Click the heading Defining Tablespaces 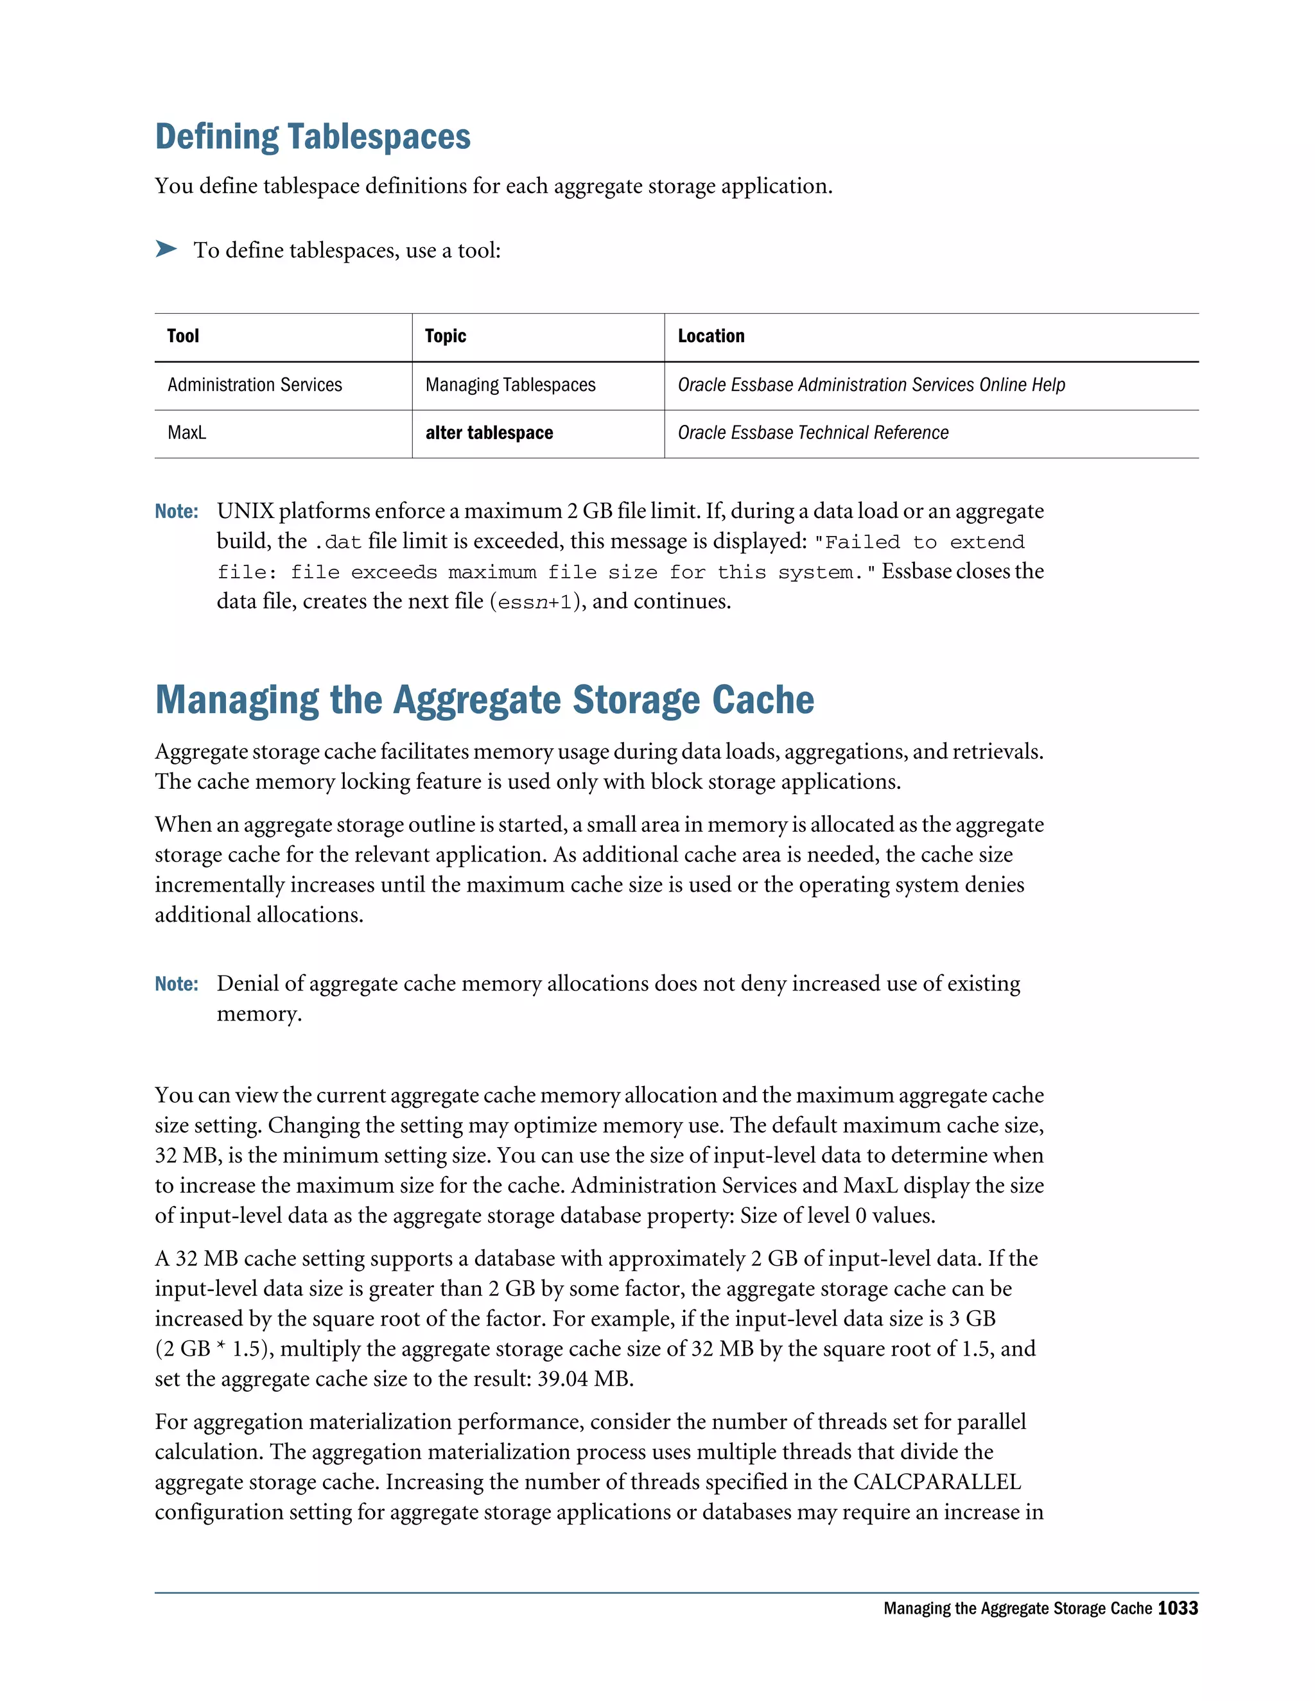pyautogui.click(x=313, y=137)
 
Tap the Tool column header pyautogui.click(x=183, y=336)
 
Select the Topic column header pyautogui.click(x=445, y=336)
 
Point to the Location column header pyautogui.click(x=711, y=336)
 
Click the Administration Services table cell pyautogui.click(x=255, y=384)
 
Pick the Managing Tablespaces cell pyautogui.click(x=510, y=384)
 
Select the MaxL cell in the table pyautogui.click(x=187, y=433)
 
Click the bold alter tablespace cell pyautogui.click(x=489, y=433)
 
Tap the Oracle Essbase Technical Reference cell pyautogui.click(x=812, y=433)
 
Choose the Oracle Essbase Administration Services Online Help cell pyautogui.click(x=871, y=384)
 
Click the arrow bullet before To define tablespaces pyautogui.click(x=166, y=249)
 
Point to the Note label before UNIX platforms pyautogui.click(x=176, y=512)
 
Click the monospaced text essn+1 pyautogui.click(x=534, y=602)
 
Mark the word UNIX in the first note pyautogui.click(x=245, y=512)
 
